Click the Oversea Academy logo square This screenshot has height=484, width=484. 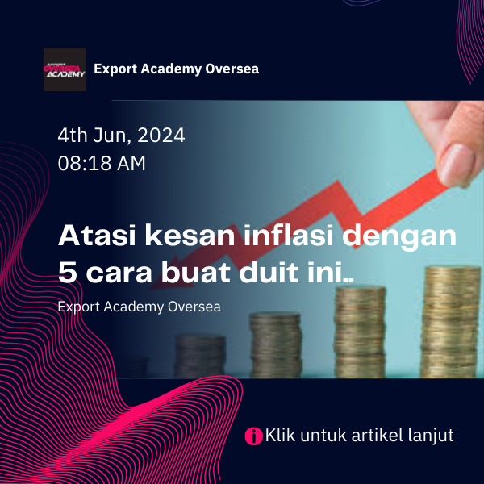coord(65,69)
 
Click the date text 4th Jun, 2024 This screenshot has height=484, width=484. coord(121,136)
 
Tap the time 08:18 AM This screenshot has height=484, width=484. coord(102,163)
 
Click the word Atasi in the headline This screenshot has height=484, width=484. coord(97,236)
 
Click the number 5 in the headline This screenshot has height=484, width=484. coord(67,273)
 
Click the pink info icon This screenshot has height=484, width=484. coord(254,436)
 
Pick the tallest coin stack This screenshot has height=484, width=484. coord(450,322)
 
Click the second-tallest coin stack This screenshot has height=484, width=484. coord(360,332)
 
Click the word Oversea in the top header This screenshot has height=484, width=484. coord(232,69)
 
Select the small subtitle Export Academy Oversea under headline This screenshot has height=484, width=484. coord(140,307)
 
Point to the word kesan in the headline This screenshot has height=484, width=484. coord(190,236)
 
